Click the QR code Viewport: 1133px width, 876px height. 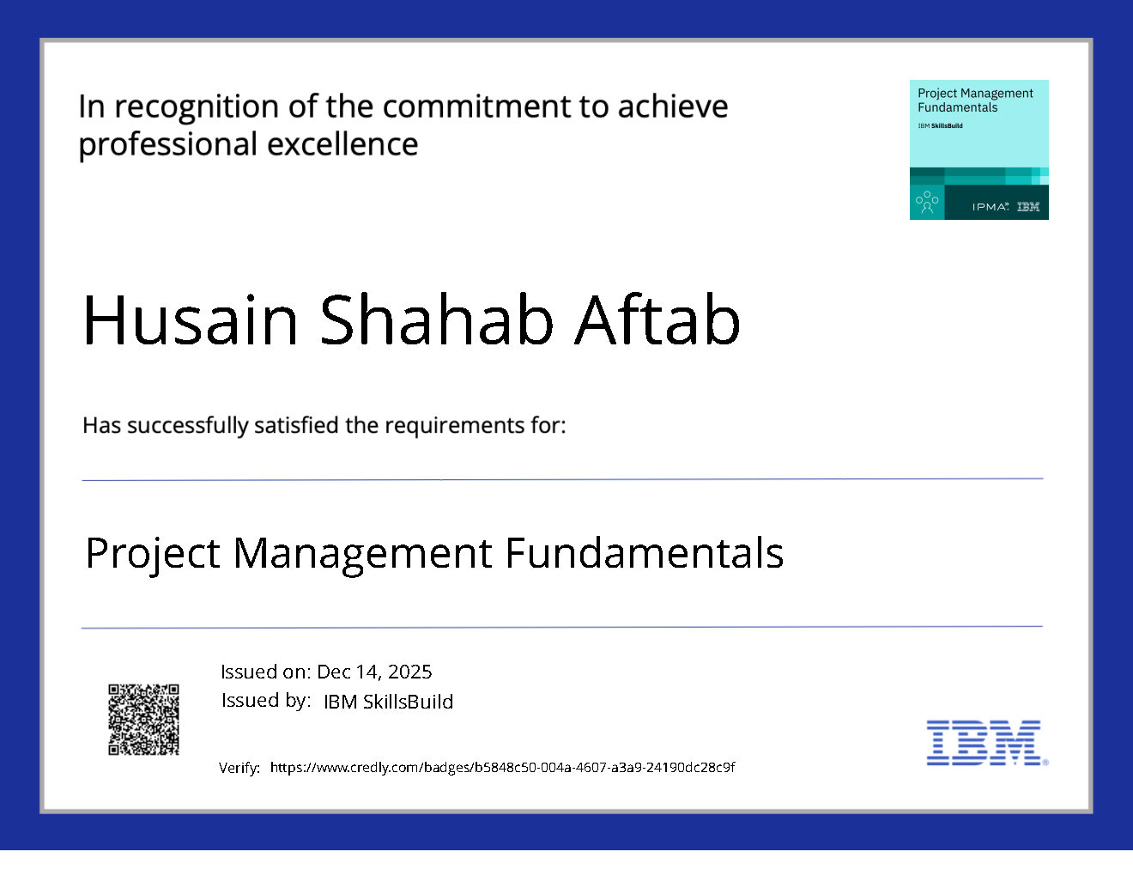click(x=143, y=720)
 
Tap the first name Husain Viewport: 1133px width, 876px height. click(x=191, y=319)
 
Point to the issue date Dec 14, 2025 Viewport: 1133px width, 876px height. click(x=374, y=672)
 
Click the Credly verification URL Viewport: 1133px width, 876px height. click(x=503, y=767)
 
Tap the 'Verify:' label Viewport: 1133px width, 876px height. click(x=239, y=768)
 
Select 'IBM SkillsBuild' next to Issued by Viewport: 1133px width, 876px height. click(x=389, y=702)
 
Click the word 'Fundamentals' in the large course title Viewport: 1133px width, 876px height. click(x=645, y=552)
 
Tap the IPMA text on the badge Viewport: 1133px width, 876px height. click(x=990, y=207)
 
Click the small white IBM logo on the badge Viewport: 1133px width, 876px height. click(x=1028, y=207)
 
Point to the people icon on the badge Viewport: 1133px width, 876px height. click(x=927, y=202)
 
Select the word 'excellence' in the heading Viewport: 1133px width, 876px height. click(x=342, y=144)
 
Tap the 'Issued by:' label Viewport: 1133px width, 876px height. click(x=266, y=701)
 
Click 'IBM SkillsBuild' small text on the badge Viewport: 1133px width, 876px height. click(x=940, y=125)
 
